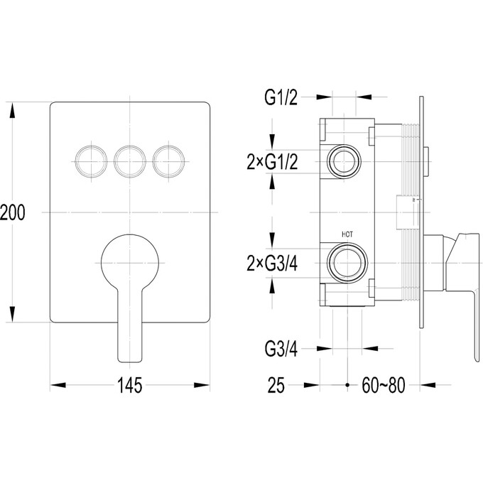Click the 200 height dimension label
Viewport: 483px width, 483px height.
tap(12, 212)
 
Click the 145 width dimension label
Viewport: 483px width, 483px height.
tap(130, 386)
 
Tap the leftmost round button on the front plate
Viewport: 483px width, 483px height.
tap(91, 161)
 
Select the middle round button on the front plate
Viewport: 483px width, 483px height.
tap(130, 161)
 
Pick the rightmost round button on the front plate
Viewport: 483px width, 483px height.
tap(168, 161)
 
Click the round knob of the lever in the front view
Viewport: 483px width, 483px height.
tap(130, 263)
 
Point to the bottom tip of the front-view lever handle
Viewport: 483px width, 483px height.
tap(130, 362)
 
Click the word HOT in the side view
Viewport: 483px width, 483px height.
tap(347, 234)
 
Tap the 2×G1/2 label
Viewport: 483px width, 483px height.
tap(272, 162)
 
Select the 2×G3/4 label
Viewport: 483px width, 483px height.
tap(272, 264)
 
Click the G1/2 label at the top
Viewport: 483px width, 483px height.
tap(281, 97)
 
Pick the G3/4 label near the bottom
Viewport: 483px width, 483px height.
tap(281, 349)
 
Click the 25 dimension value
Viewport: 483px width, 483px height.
tap(276, 386)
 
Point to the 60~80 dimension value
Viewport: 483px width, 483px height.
tap(384, 386)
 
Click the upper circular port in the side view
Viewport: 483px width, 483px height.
tap(344, 161)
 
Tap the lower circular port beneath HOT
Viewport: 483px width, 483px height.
tap(347, 263)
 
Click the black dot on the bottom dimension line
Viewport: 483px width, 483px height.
tap(347, 385)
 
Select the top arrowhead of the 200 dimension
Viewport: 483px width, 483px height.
tap(12, 110)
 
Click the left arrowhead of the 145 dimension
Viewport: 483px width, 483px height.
tap(58, 385)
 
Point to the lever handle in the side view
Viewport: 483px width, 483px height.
tap(462, 295)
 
